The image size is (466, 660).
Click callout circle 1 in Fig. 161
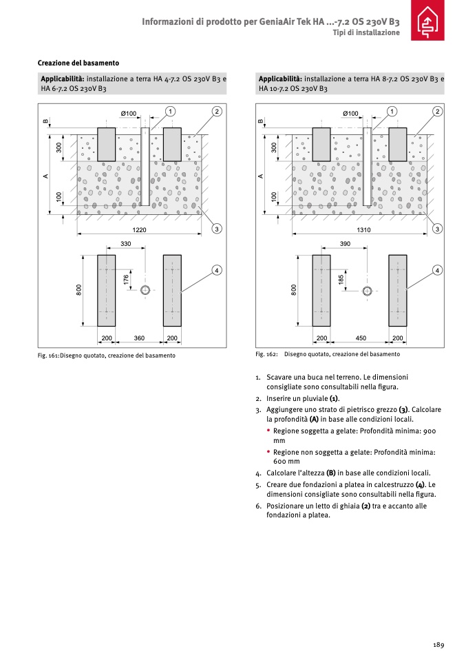pos(170,111)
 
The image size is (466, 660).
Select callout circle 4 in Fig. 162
pos(437,269)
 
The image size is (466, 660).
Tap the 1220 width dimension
pos(140,229)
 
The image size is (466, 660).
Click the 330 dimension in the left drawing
pos(126,245)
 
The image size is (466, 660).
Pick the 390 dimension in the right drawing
pos(345,245)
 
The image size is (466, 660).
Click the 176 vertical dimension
pos(127,280)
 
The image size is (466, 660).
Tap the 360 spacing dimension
pos(139,338)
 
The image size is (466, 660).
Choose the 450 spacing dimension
pos(360,338)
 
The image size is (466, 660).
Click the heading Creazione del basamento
pos(78,63)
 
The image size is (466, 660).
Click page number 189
pos(438,644)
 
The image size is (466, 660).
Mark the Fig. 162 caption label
pos(266,354)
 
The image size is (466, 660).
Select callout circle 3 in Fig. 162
pos(437,228)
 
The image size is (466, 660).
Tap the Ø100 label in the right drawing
pos(350,113)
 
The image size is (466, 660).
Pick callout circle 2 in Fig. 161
pos(216,111)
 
